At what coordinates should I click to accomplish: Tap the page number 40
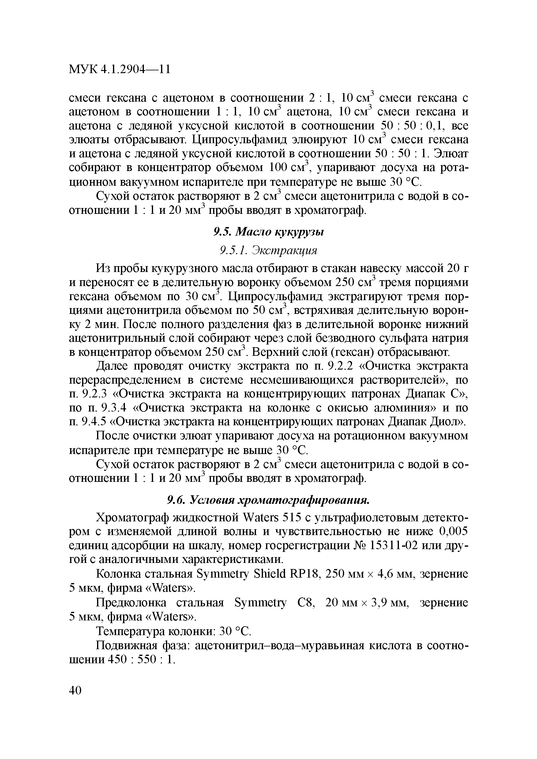pyautogui.click(x=75, y=690)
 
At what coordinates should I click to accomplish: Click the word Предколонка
pyautogui.click(x=131, y=603)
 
